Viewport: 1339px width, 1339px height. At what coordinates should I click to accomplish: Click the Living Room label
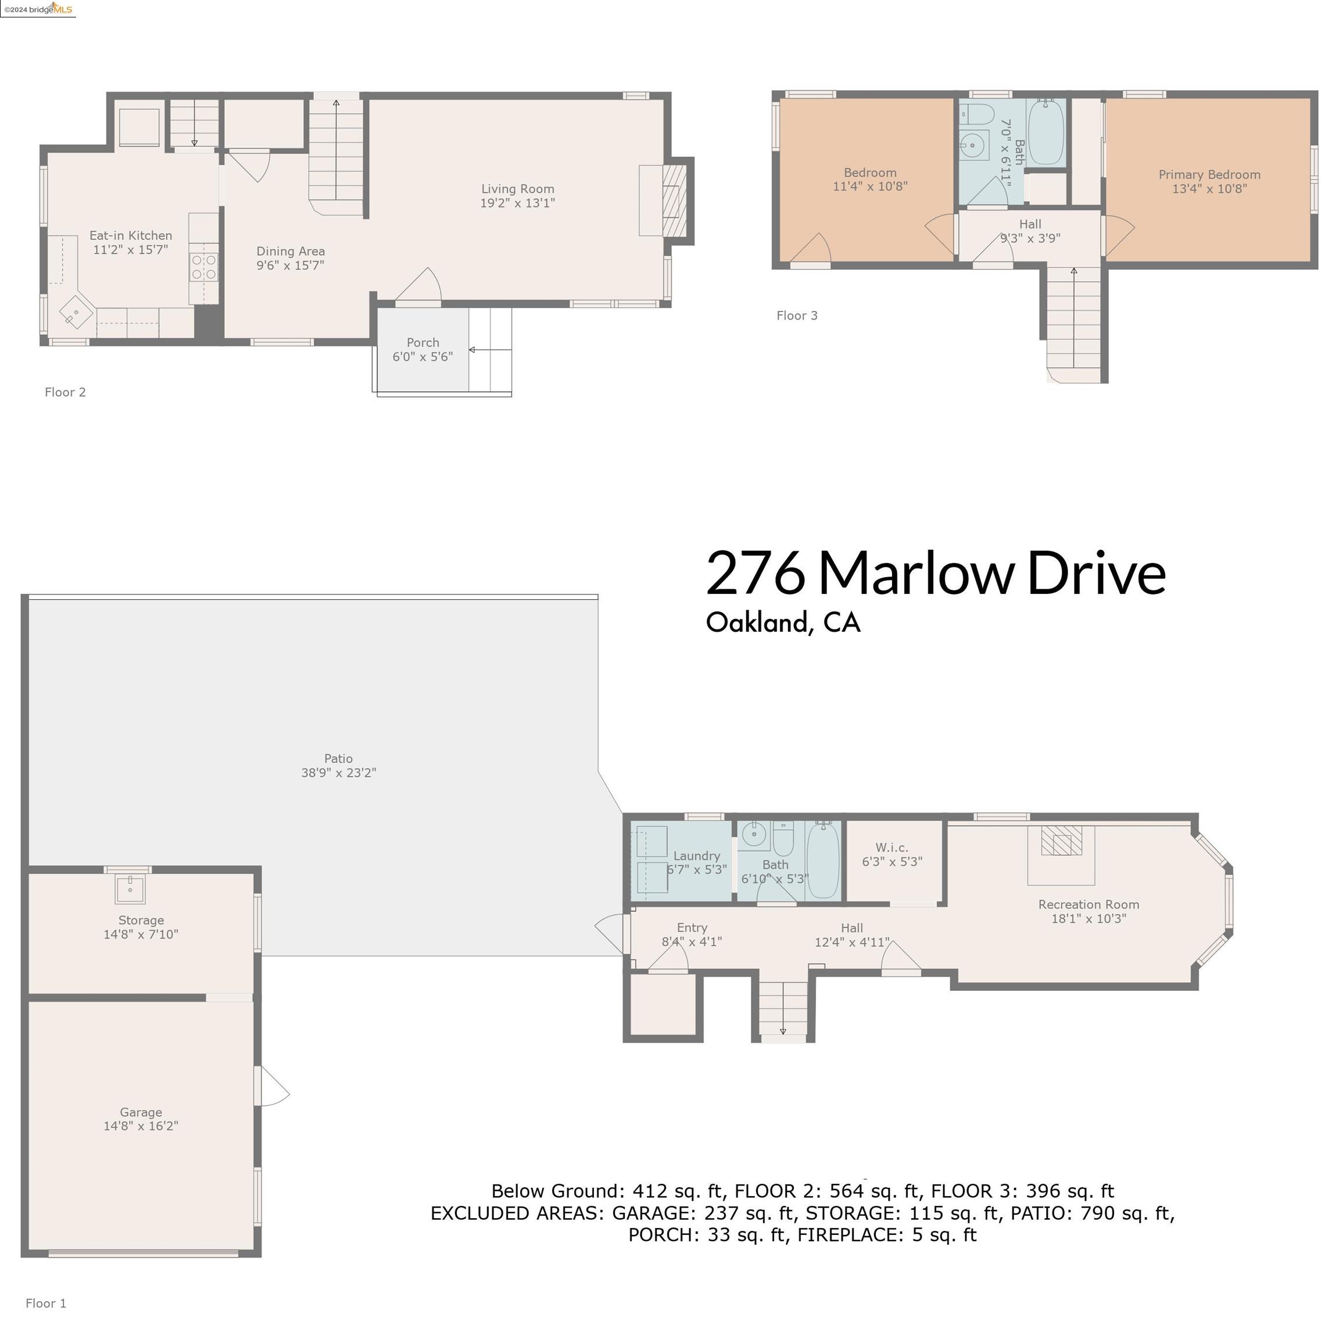click(x=518, y=188)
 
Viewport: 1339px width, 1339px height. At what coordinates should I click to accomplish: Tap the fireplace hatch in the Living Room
click(x=673, y=201)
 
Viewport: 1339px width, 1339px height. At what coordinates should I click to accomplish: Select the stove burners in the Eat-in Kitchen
click(x=204, y=267)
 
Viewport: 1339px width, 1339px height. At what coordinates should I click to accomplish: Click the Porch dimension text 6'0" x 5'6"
click(x=423, y=357)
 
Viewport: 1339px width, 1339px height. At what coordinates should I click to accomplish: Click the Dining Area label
click(x=291, y=251)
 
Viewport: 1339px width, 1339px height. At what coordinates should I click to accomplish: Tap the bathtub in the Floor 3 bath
click(x=1046, y=132)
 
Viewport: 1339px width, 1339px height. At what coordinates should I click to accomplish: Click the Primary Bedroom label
click(x=1209, y=175)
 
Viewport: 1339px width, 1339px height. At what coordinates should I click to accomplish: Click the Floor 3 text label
click(x=797, y=316)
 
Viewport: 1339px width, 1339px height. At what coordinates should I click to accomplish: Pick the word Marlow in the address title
click(x=916, y=574)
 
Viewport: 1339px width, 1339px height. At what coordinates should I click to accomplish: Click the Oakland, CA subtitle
click(x=783, y=622)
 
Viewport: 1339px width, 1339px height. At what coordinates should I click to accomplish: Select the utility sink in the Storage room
click(x=130, y=890)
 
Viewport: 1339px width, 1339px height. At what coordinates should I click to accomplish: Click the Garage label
click(x=141, y=1112)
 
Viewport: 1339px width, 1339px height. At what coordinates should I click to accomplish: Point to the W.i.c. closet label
click(x=892, y=847)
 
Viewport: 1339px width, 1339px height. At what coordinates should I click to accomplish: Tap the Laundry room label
click(x=697, y=856)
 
